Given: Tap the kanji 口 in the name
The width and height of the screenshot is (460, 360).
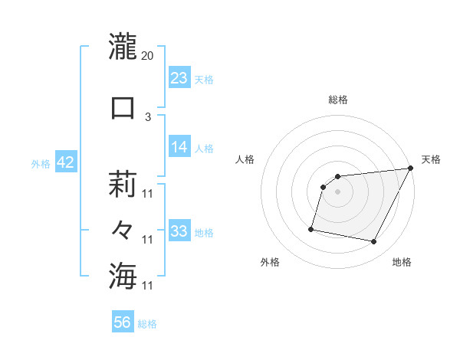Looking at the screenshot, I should [x=123, y=108].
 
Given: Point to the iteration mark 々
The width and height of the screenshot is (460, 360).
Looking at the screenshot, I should [x=123, y=230].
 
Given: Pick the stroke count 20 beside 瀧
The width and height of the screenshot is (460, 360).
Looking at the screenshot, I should [x=148, y=56].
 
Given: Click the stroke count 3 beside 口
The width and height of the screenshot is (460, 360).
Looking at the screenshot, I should [x=148, y=117].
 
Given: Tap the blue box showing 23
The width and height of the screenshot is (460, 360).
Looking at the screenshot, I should [x=179, y=78].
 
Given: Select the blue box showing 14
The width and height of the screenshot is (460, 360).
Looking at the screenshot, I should [x=179, y=147].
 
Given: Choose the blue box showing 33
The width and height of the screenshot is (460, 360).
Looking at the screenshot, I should [x=179, y=231].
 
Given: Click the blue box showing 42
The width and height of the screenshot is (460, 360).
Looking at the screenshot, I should [x=64, y=163].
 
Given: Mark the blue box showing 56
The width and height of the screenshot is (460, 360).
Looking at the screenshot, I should [x=123, y=323].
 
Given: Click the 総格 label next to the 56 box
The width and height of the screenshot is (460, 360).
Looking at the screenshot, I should [x=148, y=325].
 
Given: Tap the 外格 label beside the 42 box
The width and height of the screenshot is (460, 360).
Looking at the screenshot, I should [x=41, y=164].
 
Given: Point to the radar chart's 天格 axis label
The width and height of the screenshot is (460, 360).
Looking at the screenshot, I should [x=431, y=159].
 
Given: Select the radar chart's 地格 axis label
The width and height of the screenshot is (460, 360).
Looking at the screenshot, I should [x=402, y=262].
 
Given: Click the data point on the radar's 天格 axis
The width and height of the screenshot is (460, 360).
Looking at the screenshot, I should [x=410, y=169].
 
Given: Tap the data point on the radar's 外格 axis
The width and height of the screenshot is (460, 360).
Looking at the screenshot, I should [x=311, y=228].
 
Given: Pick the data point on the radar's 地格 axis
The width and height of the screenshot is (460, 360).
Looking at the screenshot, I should [x=374, y=242].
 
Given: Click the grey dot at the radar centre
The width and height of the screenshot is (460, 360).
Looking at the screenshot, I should [x=337, y=192].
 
